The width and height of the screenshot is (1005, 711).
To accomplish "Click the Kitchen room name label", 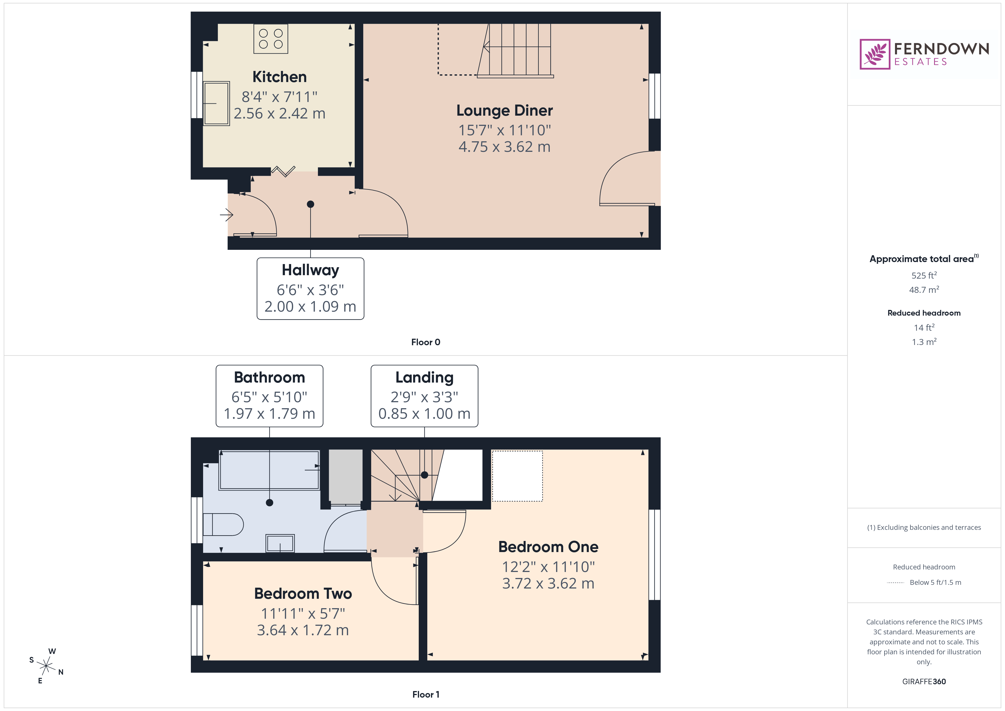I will (279, 77).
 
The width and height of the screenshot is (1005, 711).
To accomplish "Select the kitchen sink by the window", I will (216, 103).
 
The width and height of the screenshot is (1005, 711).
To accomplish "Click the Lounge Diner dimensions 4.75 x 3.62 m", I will (504, 147).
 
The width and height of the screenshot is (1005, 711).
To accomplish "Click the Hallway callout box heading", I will (310, 270).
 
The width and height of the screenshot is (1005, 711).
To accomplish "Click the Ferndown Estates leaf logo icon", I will (874, 54).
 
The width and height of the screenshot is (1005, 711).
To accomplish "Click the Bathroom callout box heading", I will (269, 377).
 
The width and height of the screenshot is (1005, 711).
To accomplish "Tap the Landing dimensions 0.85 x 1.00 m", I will (424, 414).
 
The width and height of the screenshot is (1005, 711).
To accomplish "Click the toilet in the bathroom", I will (223, 524).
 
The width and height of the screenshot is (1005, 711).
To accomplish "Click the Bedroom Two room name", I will (303, 594).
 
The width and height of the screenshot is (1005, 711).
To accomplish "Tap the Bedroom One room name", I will (548, 547).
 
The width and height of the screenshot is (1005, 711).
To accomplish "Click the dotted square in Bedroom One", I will (517, 476).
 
